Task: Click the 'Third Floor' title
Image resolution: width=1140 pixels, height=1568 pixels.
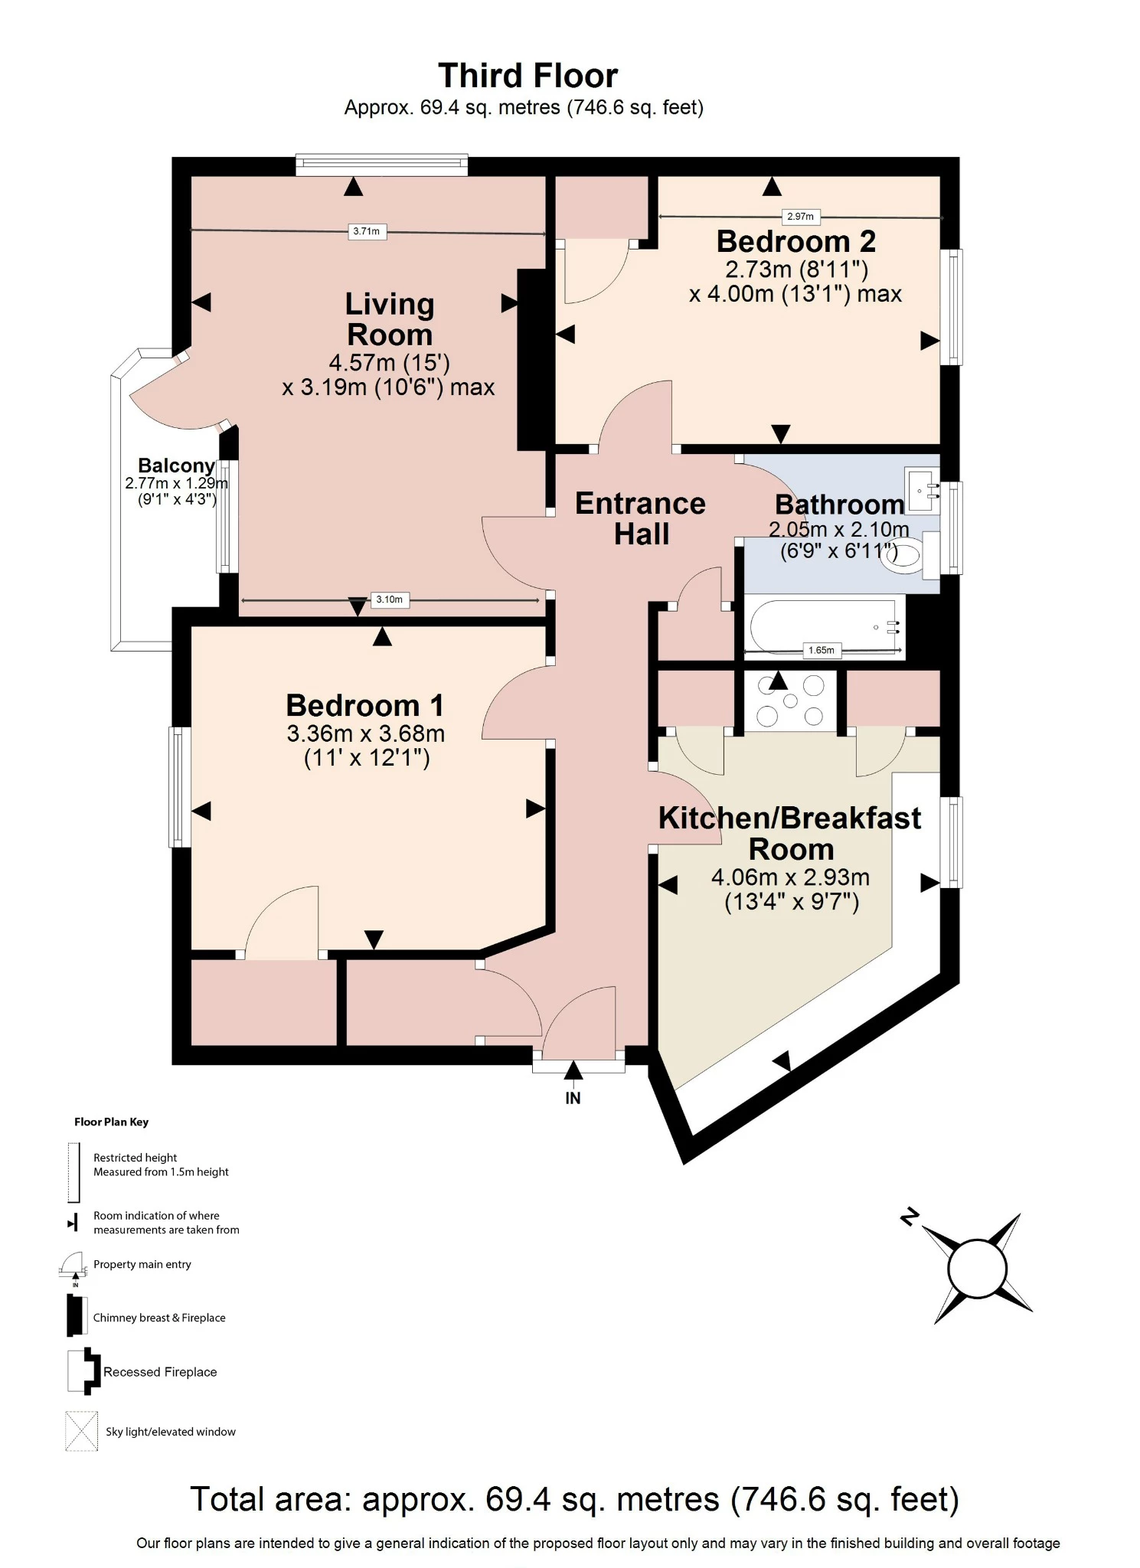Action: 528,76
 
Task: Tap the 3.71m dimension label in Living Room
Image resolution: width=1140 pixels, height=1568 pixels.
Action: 366,231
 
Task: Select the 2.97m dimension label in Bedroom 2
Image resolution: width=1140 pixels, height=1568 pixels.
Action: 800,217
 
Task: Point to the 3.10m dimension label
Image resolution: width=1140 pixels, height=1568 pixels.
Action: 389,599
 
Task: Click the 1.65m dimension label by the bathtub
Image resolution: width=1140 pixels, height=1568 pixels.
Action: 822,650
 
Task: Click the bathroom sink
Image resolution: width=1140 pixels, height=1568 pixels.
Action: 923,490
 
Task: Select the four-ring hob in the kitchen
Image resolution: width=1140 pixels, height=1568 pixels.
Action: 790,700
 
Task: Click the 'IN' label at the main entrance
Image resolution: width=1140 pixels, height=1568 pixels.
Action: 573,1098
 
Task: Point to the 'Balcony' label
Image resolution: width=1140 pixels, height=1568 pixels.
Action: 176,465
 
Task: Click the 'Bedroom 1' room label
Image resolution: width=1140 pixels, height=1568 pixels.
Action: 364,705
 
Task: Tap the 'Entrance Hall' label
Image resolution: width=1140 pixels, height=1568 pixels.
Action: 640,518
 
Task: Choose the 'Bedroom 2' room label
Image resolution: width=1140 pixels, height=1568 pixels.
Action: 795,241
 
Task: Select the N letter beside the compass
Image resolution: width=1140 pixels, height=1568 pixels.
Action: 910,1217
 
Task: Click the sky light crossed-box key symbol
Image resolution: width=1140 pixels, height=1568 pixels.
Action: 81,1431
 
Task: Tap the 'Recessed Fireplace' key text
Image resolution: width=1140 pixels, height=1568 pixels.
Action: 160,1372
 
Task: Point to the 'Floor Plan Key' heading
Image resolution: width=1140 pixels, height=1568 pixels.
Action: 111,1122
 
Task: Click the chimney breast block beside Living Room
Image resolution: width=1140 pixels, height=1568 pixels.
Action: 531,359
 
